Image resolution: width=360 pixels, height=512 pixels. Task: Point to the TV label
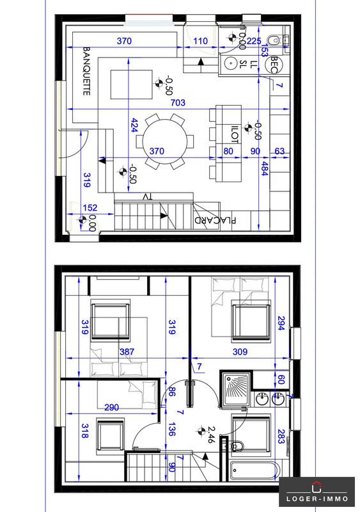[148, 196]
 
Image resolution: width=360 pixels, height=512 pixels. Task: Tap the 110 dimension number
[200, 41]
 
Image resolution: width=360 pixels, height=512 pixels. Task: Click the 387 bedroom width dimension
[128, 351]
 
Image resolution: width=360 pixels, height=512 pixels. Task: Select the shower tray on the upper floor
[235, 388]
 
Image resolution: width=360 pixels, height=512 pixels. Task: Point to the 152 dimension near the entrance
[90, 207]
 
